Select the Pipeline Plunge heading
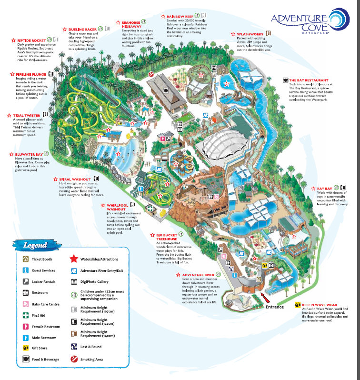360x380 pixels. pyautogui.click(x=29, y=74)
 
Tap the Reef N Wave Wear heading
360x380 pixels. pyautogui.click(x=320, y=304)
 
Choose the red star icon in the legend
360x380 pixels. pyautogui.click(x=74, y=259)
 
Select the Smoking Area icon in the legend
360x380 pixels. pyautogui.click(x=74, y=359)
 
